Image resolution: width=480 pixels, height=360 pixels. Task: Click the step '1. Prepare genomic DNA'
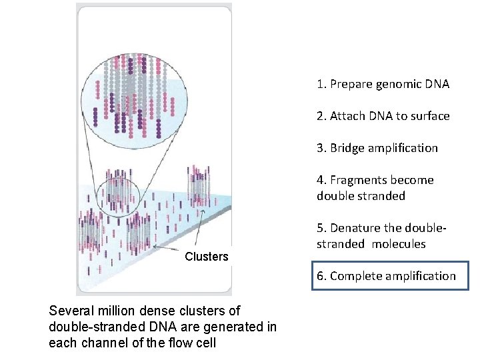pyautogui.click(x=383, y=84)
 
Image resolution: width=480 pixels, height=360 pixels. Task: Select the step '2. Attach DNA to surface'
pyautogui.click(x=383, y=116)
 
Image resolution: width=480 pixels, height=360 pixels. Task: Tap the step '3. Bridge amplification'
pyautogui.click(x=377, y=148)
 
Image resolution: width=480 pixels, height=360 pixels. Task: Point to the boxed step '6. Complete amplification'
pyautogui.click(x=391, y=276)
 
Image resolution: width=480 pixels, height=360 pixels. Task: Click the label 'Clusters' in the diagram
pyautogui.click(x=206, y=257)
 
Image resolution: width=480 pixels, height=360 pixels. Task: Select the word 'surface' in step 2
pyautogui.click(x=431, y=116)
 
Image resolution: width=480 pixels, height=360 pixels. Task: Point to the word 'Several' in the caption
pyautogui.click(x=71, y=311)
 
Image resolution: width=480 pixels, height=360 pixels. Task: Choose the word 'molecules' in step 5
pyautogui.click(x=399, y=244)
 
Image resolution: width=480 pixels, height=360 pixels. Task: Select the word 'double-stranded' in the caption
pyautogui.click(x=89, y=327)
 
